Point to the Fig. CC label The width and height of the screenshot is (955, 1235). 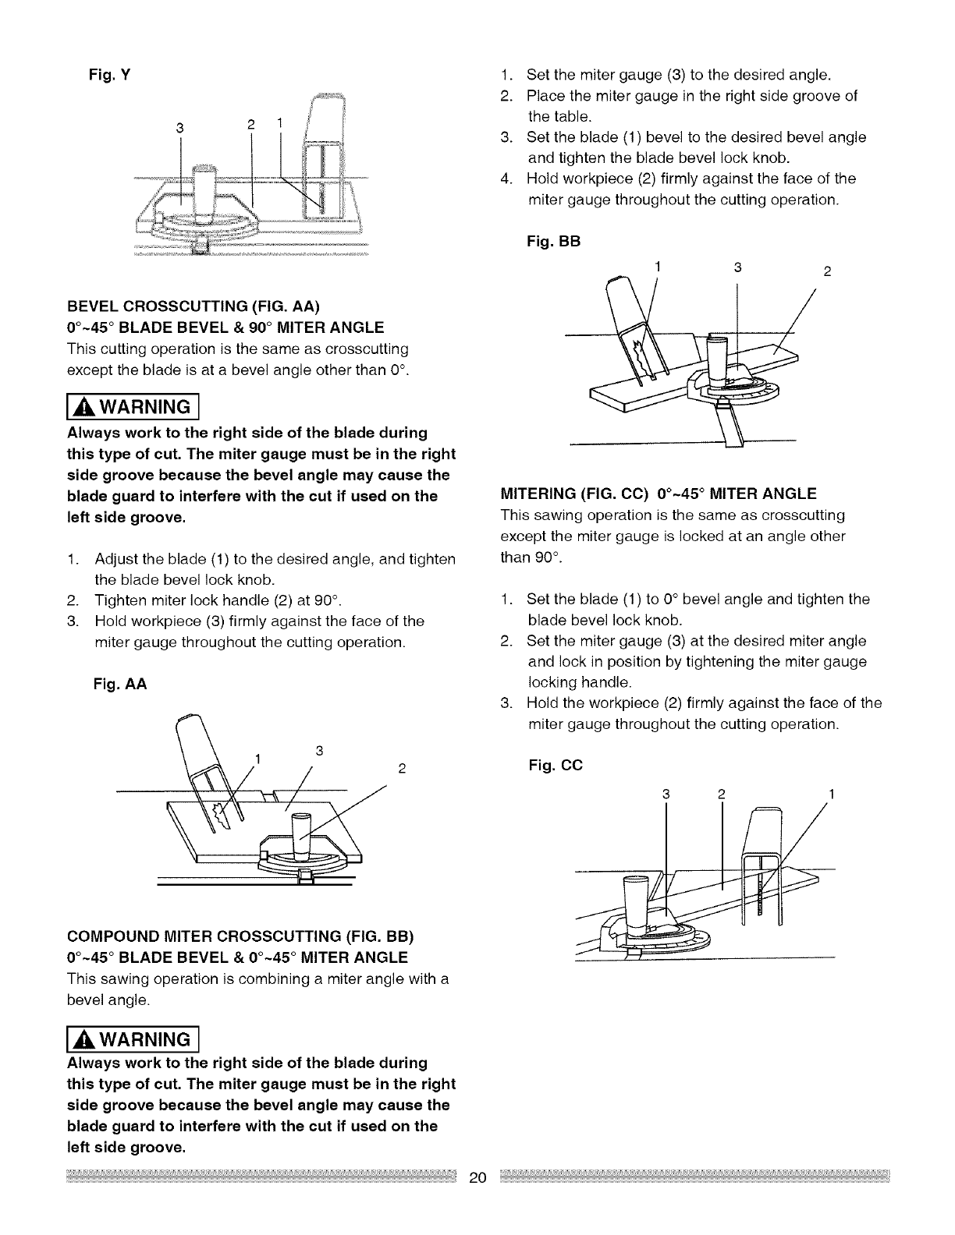pyautogui.click(x=555, y=765)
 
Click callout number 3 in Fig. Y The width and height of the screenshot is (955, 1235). pyautogui.click(x=179, y=128)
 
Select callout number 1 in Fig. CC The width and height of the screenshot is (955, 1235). pyautogui.click(x=832, y=794)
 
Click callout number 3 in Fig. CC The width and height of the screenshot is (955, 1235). pyautogui.click(x=666, y=794)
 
